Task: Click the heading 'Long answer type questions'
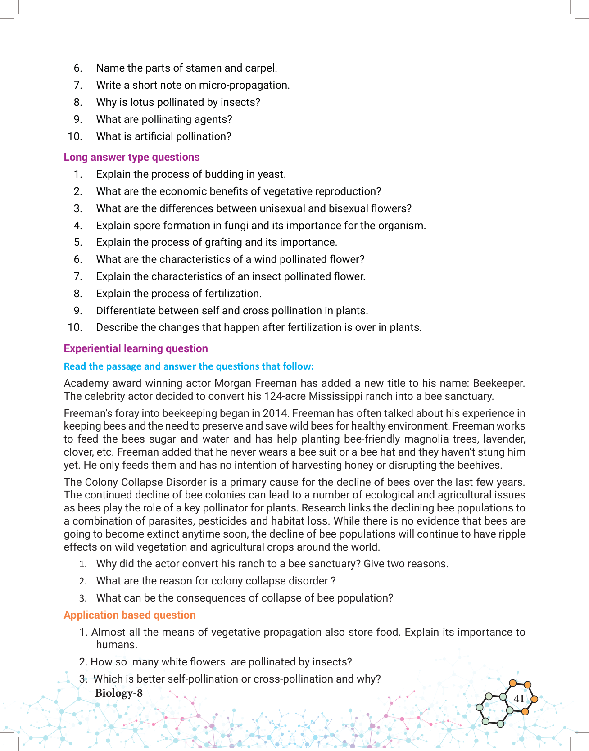(131, 157)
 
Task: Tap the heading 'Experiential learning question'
(136, 348)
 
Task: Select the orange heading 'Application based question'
(130, 615)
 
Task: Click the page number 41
(519, 699)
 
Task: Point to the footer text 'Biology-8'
(119, 693)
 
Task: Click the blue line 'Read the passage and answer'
(189, 366)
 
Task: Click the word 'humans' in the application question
(116, 645)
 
